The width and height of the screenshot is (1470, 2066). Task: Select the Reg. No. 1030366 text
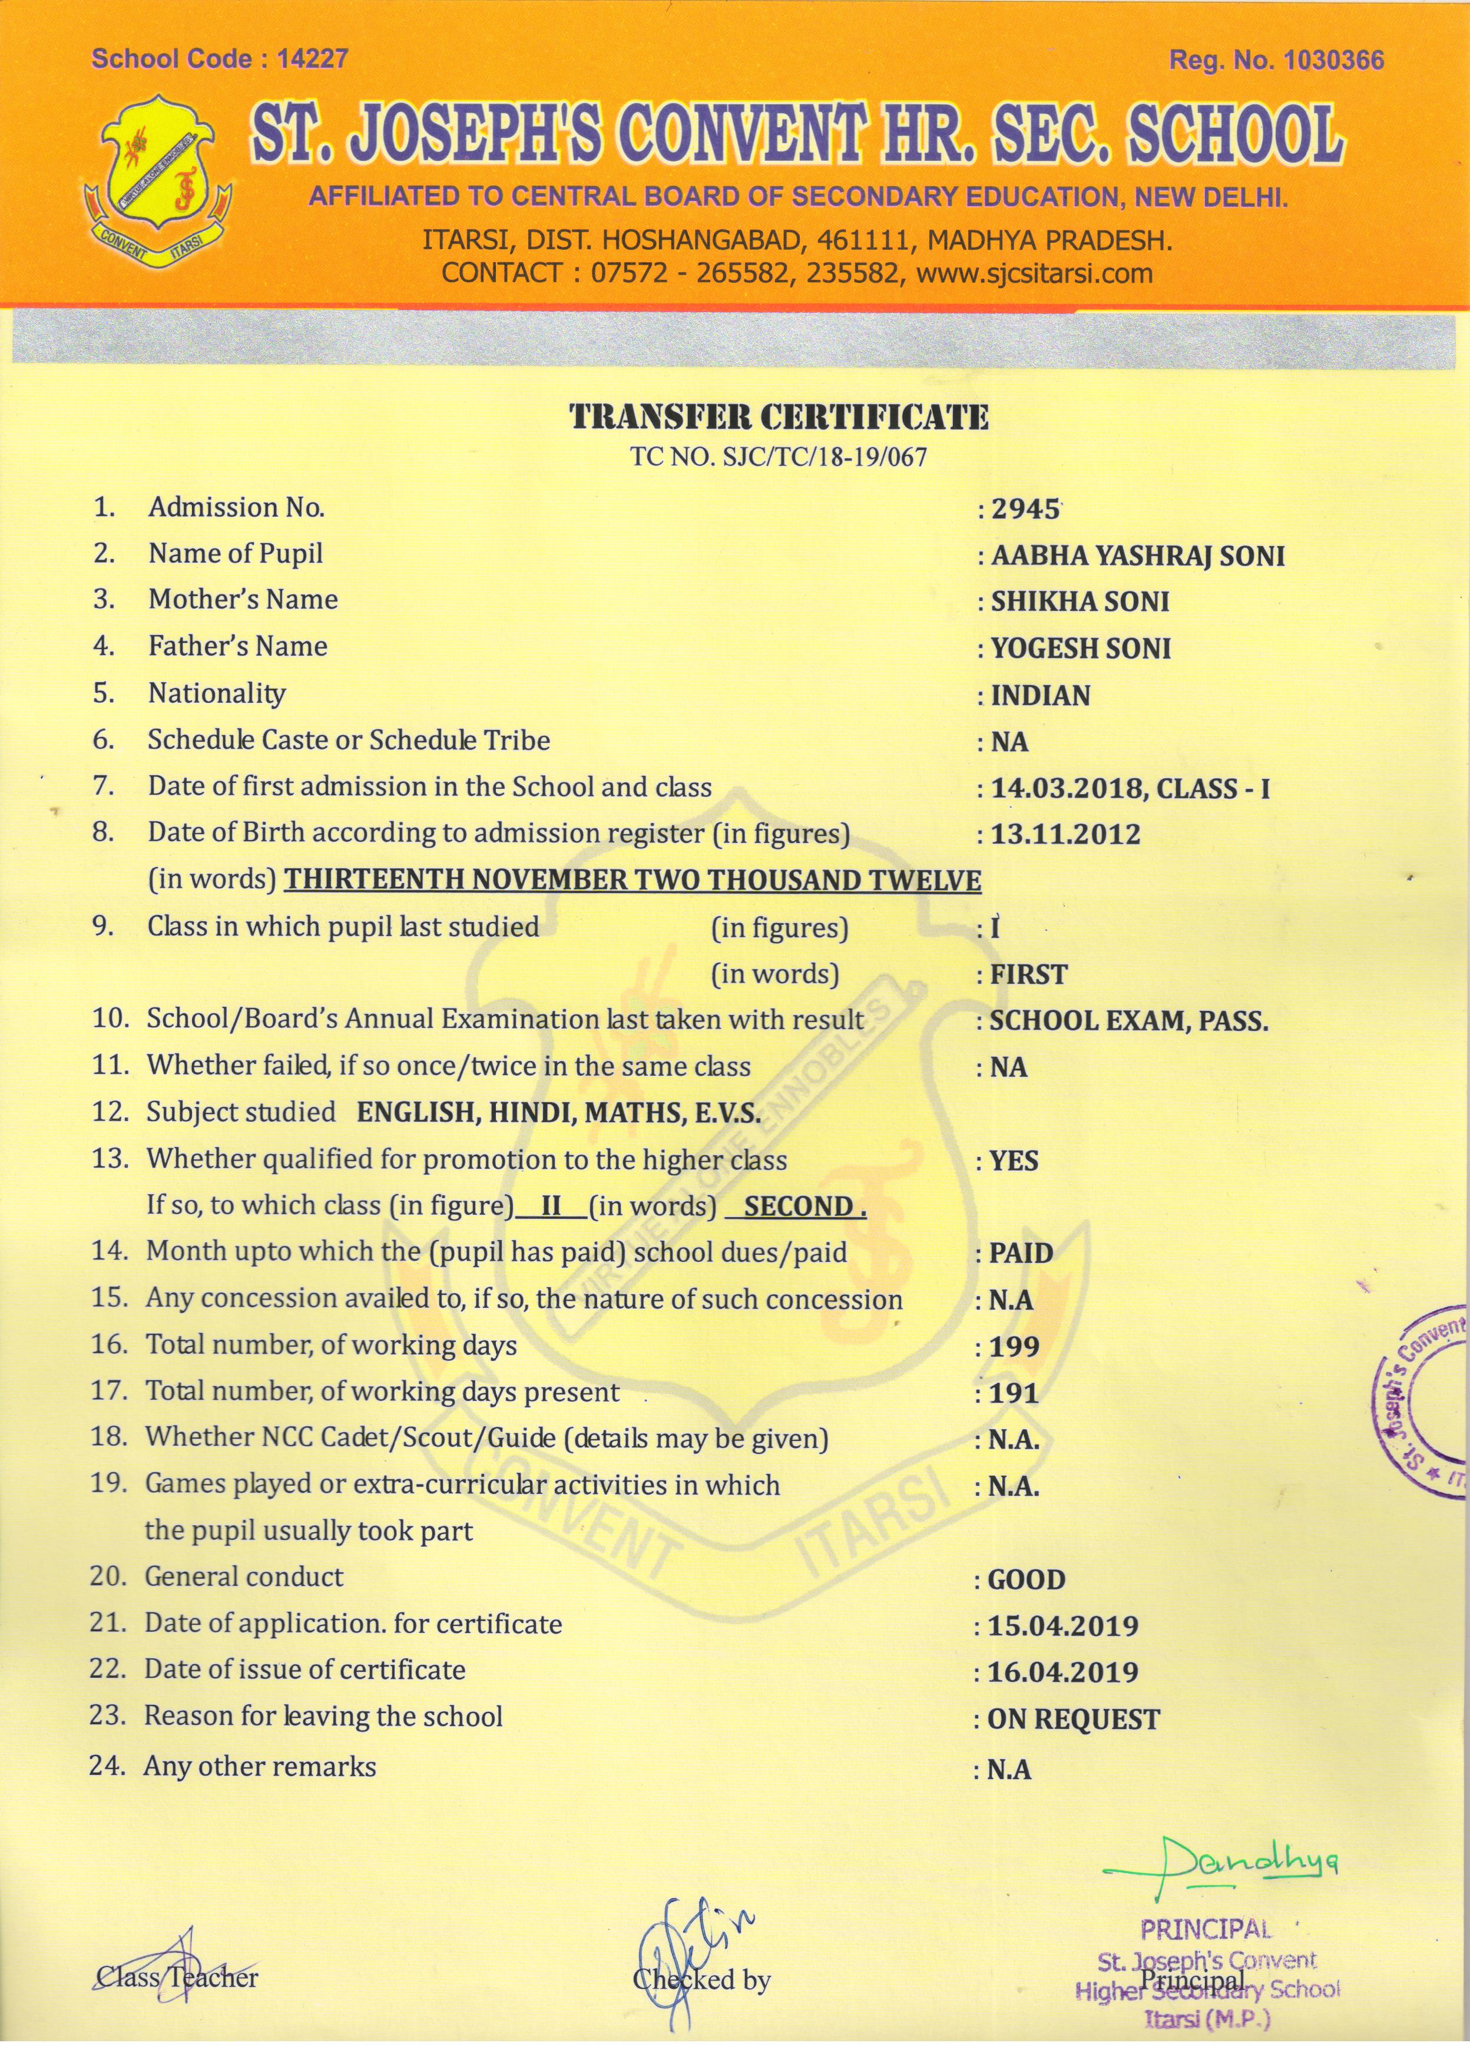coord(1276,61)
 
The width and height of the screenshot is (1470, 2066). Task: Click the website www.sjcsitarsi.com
coord(1035,273)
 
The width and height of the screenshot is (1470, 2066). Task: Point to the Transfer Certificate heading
coord(779,416)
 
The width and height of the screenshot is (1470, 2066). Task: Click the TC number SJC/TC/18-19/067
coord(779,457)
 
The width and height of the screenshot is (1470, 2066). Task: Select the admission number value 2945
coord(1025,509)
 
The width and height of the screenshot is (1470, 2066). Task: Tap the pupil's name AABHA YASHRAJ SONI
coord(1138,556)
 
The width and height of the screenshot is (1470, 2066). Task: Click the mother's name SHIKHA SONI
coord(1080,602)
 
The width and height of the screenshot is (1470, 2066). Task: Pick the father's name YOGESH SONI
coord(1081,649)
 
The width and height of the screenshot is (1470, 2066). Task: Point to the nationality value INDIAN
coord(1040,696)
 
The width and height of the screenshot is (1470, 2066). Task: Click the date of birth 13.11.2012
coord(1065,835)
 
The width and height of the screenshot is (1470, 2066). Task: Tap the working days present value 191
coord(1014,1393)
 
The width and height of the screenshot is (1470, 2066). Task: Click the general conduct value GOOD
coord(1027,1581)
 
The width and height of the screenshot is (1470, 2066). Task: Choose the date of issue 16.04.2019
coord(1062,1673)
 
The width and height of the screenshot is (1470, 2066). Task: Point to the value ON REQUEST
coord(1074,1720)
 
